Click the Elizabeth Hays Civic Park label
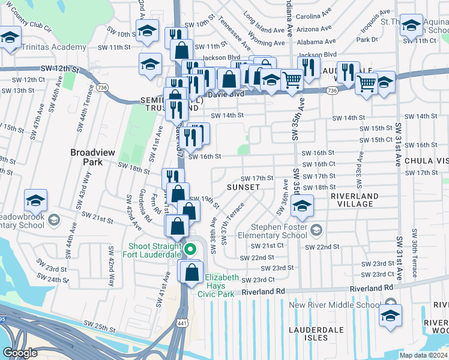click(222, 285)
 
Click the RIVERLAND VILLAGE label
click(355, 200)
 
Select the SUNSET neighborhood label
click(244, 187)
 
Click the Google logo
click(20, 353)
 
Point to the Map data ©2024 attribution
click(423, 355)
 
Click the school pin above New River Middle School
click(390, 316)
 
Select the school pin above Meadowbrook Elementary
click(35, 200)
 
